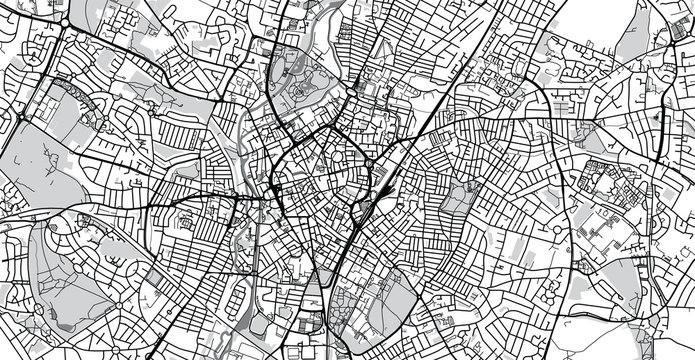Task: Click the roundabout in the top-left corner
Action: point(66,22)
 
